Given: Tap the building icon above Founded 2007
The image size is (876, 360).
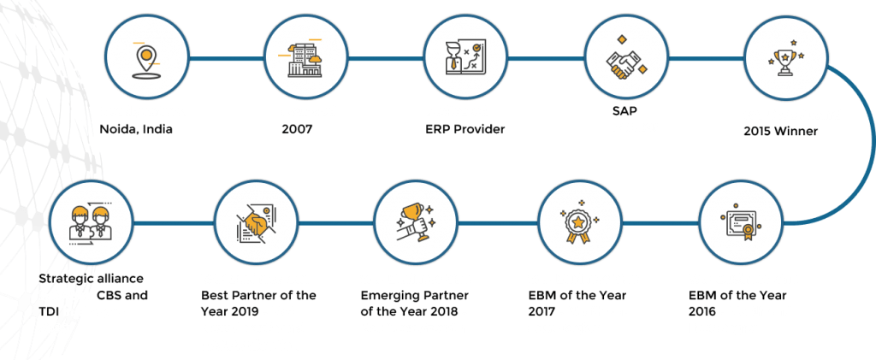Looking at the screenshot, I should [305, 59].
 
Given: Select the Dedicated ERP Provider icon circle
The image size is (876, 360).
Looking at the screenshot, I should [465, 59].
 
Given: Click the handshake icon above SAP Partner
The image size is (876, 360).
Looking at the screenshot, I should [626, 59].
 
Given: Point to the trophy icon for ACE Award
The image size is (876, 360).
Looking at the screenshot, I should [784, 59].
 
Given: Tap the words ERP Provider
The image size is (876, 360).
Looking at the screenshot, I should [465, 129].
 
